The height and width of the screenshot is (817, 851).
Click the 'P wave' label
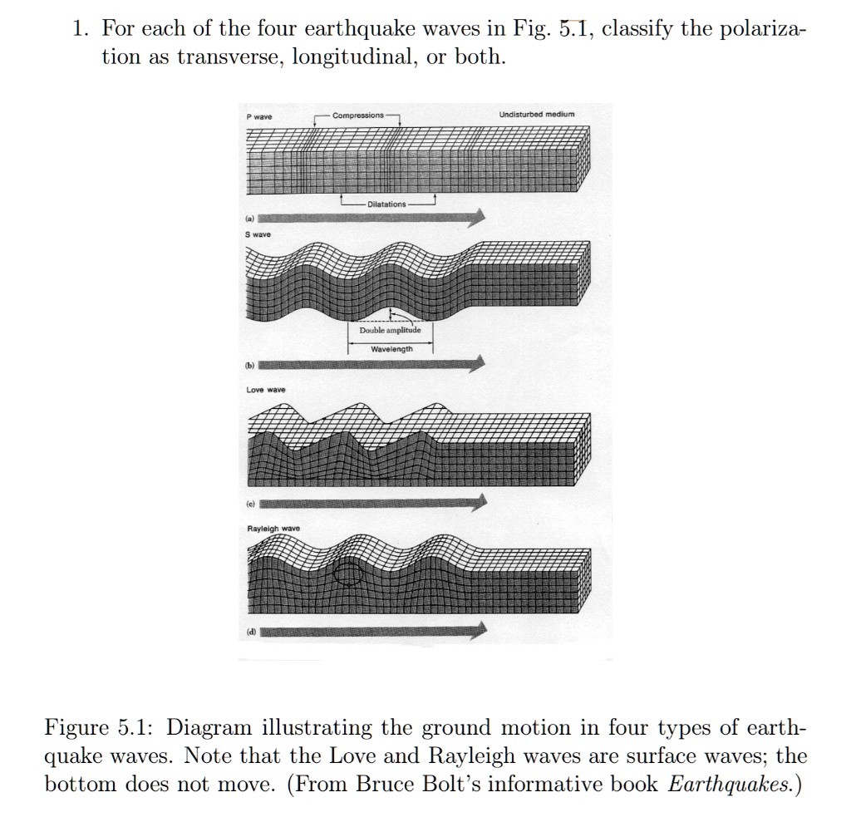coord(259,116)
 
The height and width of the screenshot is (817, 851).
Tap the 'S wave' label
coord(258,234)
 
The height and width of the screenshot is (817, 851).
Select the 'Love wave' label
coord(265,390)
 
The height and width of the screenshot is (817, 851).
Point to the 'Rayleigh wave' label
coord(273,529)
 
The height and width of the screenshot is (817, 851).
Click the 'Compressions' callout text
coord(358,115)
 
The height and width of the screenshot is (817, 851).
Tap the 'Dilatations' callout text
coord(386,204)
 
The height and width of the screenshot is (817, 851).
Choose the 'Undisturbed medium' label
coord(537,114)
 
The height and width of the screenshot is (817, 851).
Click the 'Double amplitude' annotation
coord(390,330)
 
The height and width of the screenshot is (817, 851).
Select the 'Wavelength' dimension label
coord(392,349)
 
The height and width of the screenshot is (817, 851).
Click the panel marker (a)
coord(249,219)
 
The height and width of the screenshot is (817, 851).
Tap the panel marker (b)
coord(249,366)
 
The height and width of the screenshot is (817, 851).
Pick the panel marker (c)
coord(250,504)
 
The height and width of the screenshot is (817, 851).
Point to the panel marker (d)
coord(251,632)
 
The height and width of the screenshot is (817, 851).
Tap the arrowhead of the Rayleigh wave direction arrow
coord(479,631)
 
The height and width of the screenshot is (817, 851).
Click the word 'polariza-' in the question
coord(764,29)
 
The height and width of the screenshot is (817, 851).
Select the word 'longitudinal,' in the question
coord(355,57)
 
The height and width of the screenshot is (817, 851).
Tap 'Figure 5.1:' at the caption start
coord(101,728)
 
